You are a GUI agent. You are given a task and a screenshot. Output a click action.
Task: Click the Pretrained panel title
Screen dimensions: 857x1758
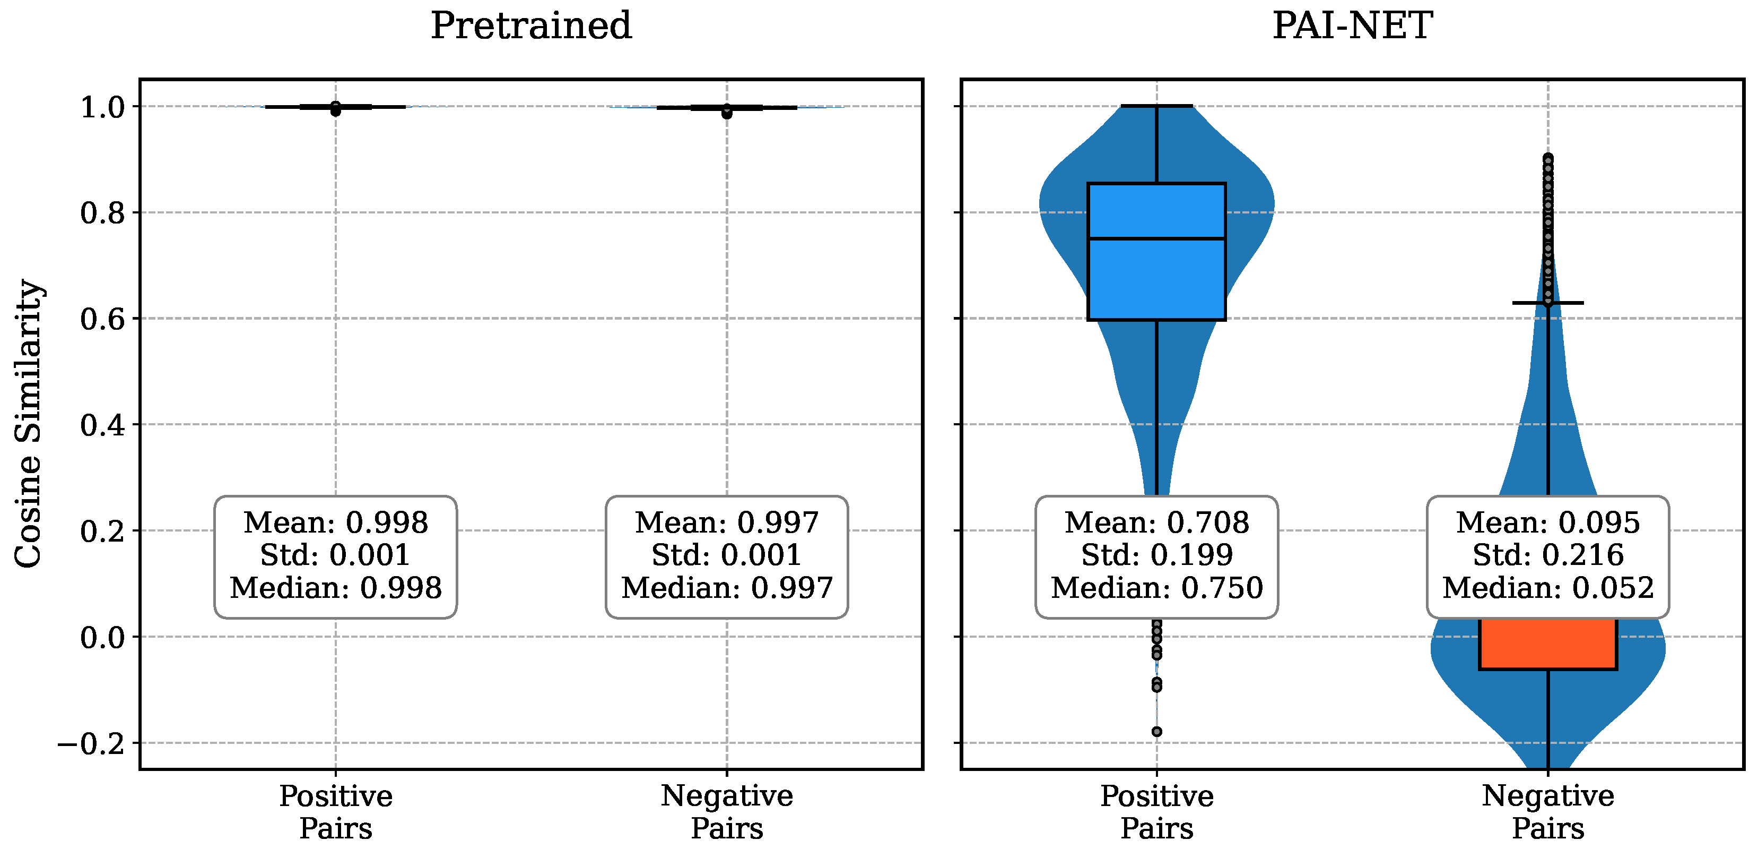coord(531,26)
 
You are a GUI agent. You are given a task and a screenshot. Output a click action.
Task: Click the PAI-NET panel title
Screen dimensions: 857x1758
coord(1352,26)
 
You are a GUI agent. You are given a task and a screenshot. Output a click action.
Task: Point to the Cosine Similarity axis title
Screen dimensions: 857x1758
coord(29,423)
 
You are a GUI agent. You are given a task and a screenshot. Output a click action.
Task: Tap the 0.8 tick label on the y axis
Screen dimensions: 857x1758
coord(102,213)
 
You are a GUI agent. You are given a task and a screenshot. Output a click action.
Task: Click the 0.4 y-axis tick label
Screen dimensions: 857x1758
coord(102,425)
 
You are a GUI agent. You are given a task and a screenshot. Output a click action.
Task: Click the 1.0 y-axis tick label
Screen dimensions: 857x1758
coord(102,107)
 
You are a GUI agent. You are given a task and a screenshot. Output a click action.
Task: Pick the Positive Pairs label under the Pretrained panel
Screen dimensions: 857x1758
coord(336,812)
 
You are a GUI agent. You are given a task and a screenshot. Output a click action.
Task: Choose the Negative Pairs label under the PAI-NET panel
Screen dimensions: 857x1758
coord(1548,812)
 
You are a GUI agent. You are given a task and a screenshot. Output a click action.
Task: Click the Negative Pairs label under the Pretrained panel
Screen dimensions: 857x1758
coord(727,812)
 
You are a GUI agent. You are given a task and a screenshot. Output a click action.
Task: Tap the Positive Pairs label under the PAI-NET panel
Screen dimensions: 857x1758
coord(1157,812)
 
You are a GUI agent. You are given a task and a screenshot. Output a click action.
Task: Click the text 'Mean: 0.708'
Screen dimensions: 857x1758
coord(1157,523)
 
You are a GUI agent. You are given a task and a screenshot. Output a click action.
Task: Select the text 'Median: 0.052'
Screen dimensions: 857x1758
coord(1548,588)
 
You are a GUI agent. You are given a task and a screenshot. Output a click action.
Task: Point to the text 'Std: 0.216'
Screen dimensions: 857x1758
coord(1548,555)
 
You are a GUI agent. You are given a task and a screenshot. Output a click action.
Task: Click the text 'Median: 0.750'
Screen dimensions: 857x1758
coord(1157,588)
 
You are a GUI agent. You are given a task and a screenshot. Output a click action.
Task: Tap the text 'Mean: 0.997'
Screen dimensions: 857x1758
coord(727,523)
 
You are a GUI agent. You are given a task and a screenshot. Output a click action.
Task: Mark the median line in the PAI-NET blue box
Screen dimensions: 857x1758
coord(1157,238)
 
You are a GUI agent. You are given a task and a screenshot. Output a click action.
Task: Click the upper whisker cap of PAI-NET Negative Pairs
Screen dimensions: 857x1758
coord(1548,303)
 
